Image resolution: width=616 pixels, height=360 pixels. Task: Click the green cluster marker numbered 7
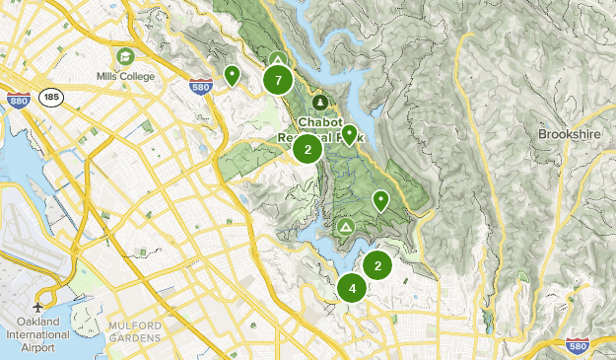coord(279,80)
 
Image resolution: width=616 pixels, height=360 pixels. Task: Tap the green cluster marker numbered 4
coord(352,288)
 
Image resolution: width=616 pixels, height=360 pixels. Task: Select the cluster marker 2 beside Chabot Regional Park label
coord(308,150)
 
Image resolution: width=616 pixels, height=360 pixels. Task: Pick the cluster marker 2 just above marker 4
coord(377,265)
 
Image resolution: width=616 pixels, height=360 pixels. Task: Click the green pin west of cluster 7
coord(232,75)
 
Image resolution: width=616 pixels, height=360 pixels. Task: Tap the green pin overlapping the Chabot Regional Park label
coord(349,134)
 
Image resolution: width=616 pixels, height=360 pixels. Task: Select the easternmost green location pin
coord(380,201)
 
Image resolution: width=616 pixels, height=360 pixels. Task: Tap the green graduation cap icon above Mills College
coord(125,57)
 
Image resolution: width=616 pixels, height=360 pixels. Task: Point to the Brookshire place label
coord(571,133)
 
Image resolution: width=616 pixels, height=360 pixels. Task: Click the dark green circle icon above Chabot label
coord(319,102)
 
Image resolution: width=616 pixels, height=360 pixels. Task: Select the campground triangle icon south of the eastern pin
coord(345,227)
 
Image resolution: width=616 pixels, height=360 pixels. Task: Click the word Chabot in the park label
coord(320,121)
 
